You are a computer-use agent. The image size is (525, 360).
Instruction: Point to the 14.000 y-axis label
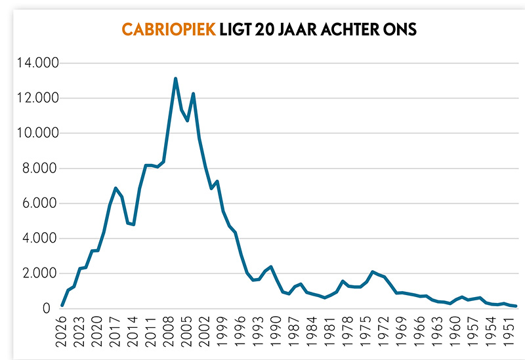[39, 64]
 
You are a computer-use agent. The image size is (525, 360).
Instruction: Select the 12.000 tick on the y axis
[39, 98]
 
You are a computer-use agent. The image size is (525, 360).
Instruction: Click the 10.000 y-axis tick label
[39, 134]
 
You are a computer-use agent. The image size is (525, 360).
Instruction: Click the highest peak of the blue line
[176, 79]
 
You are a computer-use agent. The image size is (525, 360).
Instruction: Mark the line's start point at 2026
[62, 306]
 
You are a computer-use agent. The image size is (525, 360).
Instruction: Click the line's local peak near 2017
[116, 188]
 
